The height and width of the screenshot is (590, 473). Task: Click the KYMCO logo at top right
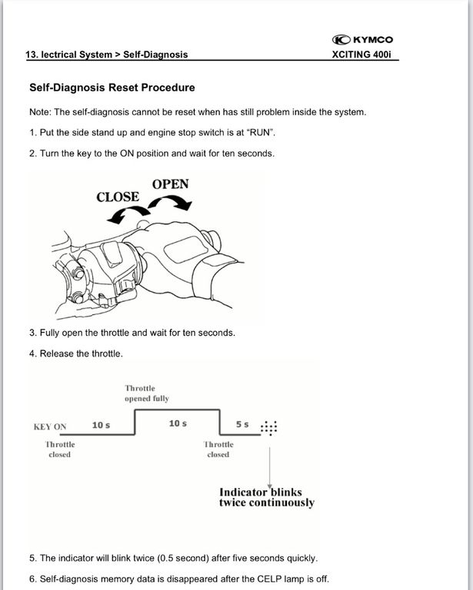pos(362,39)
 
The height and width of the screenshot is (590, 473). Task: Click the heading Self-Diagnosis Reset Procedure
pos(112,88)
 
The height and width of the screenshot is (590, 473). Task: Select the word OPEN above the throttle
pos(170,184)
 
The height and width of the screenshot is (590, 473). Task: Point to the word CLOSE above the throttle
pos(118,197)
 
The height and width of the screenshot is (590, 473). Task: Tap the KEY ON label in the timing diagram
pos(50,427)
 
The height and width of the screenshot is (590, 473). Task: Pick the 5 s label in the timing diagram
pos(242,424)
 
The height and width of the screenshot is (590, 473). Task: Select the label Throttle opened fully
pos(147,393)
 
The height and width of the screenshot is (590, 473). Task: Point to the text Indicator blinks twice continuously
pos(266,497)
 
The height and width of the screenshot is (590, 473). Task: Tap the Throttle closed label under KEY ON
pos(59,449)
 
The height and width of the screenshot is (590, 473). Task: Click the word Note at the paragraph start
pos(39,112)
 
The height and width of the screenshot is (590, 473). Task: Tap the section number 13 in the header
pos(31,55)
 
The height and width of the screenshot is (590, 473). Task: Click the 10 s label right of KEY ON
pos(101,425)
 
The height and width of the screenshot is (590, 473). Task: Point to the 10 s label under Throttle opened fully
pos(178,424)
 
